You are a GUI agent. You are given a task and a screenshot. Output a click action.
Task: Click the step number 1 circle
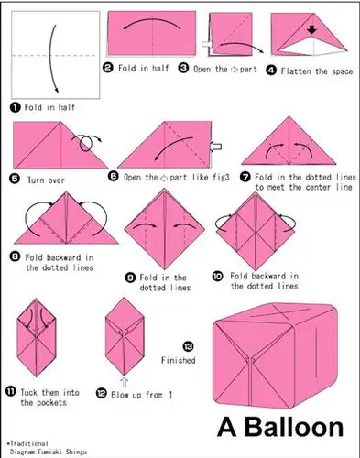tap(15, 107)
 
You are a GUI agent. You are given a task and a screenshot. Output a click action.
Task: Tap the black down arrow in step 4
tap(311, 30)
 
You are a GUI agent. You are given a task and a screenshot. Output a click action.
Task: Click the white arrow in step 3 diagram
tap(207, 44)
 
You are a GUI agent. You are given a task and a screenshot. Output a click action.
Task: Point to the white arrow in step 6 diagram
tap(215, 147)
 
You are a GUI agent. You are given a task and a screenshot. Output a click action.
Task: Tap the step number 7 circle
tap(245, 177)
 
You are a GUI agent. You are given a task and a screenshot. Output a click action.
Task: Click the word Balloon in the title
tap(294, 427)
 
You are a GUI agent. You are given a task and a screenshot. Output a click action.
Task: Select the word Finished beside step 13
tap(179, 360)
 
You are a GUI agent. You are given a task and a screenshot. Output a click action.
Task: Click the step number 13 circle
tap(188, 346)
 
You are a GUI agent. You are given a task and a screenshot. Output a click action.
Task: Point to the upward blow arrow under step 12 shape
tap(125, 382)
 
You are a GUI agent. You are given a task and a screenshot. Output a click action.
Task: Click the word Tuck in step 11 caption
tap(28, 392)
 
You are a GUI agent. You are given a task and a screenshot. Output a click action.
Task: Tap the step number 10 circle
tap(217, 277)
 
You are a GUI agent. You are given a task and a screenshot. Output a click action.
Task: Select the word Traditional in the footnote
tap(29, 443)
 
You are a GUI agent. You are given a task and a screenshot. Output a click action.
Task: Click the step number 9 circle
tap(130, 278)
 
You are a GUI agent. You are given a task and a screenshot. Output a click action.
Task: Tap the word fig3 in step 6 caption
tap(220, 177)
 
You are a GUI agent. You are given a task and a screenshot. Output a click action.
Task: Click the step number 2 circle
tap(108, 67)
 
